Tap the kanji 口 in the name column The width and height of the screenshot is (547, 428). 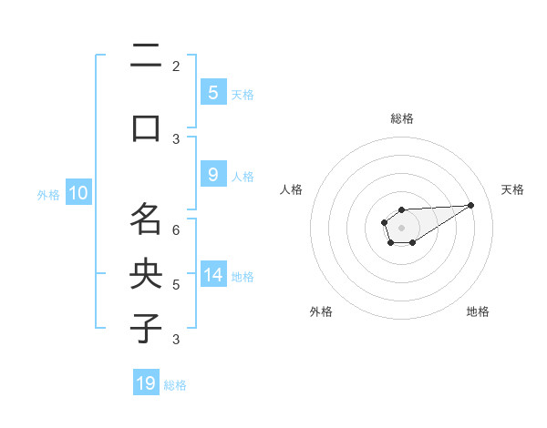point(146,127)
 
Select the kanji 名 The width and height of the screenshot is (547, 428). point(146,219)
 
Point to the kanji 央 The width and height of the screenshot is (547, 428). point(146,273)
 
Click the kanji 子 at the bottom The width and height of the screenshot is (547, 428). point(146,328)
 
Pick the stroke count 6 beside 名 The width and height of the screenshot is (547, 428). point(176,230)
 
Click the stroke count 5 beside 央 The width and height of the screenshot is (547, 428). point(176,285)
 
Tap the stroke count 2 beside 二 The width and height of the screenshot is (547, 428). point(176,66)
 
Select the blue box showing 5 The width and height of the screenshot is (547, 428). point(212,92)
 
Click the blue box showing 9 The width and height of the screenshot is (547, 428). point(212,175)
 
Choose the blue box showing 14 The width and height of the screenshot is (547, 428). point(212,274)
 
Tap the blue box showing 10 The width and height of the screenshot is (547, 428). point(77,193)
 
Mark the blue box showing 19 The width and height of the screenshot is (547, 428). point(146,383)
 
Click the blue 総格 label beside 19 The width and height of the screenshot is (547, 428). point(175,385)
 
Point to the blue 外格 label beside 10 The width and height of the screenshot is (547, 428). point(48,195)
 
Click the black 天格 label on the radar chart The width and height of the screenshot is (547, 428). point(512,189)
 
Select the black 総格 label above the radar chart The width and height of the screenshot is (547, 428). point(401,118)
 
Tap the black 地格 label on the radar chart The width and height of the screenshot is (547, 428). point(478,311)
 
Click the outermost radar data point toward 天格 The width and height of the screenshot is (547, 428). point(471,204)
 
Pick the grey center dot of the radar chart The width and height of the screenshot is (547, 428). point(401,227)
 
